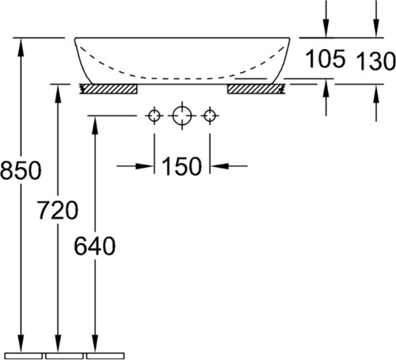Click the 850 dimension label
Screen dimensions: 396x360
point(21,170)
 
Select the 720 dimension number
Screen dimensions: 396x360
point(58,210)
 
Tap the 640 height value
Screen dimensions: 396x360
point(95,246)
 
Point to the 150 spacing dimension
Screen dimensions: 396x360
point(181,166)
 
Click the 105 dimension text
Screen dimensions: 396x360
point(326,59)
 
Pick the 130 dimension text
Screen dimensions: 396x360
point(375,61)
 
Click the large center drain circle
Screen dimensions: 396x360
point(182,116)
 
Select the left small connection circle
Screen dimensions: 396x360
point(154,116)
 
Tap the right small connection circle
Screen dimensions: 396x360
point(210,116)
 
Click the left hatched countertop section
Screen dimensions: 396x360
point(109,89)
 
